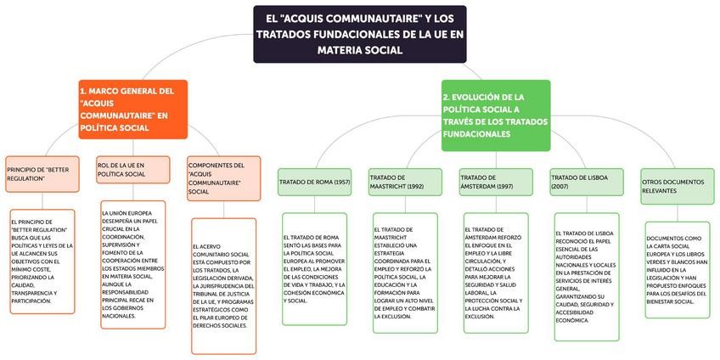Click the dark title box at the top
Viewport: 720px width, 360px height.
(x=361, y=34)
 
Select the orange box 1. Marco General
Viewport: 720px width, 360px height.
(x=132, y=109)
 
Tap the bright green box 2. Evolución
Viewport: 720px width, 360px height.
(x=495, y=115)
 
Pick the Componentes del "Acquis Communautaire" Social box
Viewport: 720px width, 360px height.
(x=221, y=178)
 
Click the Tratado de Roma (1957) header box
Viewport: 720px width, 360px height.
(x=314, y=182)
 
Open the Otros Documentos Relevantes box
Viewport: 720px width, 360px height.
(x=677, y=186)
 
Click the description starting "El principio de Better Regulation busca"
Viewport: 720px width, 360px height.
(x=42, y=261)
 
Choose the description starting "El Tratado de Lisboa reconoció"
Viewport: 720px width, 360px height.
(x=587, y=276)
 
